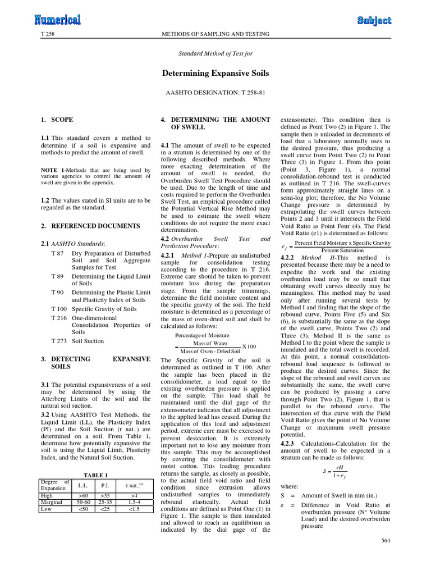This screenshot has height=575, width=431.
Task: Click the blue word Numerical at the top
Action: [x=57, y=20]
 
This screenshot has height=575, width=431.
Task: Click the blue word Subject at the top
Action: [x=374, y=21]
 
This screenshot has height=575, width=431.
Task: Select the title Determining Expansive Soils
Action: [x=215, y=73]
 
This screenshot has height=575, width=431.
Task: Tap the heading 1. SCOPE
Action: [x=57, y=120]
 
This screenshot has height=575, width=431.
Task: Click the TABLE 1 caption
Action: [x=95, y=475]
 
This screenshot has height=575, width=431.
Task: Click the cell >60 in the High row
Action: [x=83, y=496]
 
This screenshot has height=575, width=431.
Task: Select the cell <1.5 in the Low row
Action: [x=134, y=509]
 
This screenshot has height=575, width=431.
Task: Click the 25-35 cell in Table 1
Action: [x=105, y=503]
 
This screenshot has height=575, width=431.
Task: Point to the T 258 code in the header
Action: [x=47, y=34]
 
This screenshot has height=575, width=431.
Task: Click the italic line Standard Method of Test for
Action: [x=215, y=54]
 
